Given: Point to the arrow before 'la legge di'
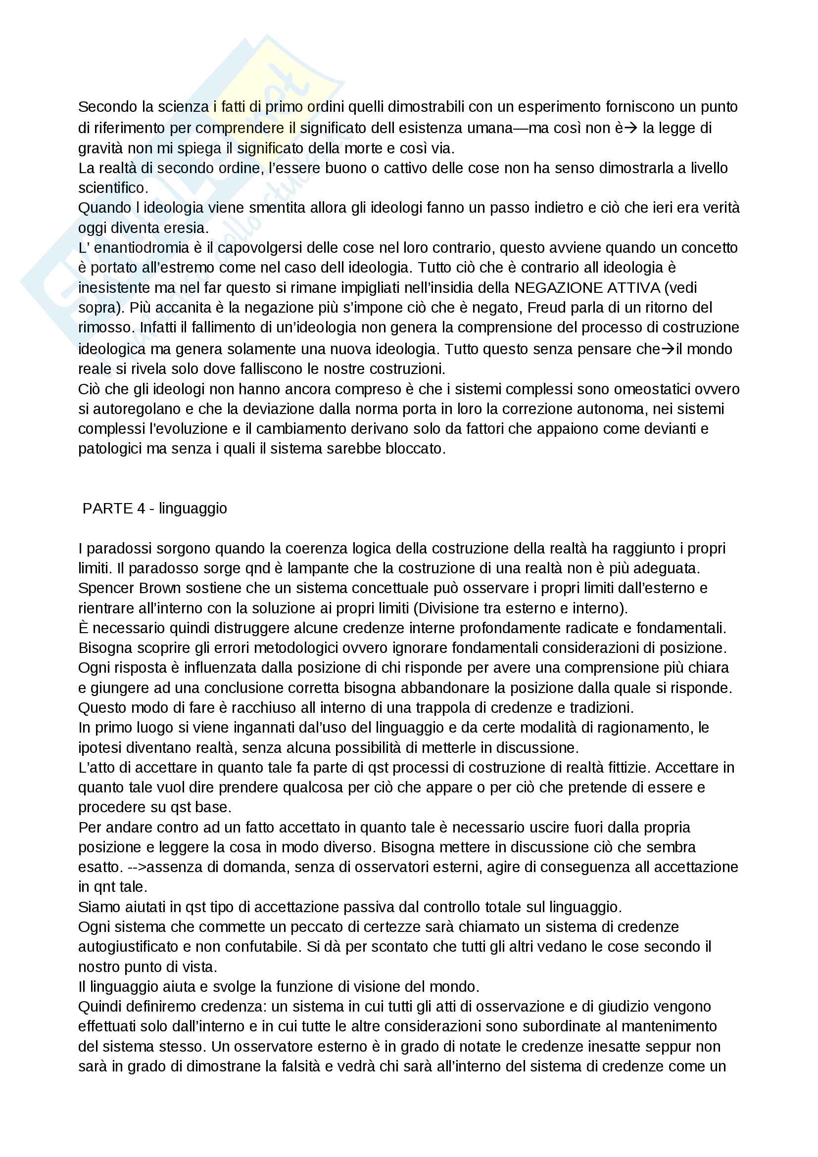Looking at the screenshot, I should click(630, 128).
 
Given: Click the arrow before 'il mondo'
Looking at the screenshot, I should click(667, 349).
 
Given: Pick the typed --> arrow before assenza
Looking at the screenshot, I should click(136, 867).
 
